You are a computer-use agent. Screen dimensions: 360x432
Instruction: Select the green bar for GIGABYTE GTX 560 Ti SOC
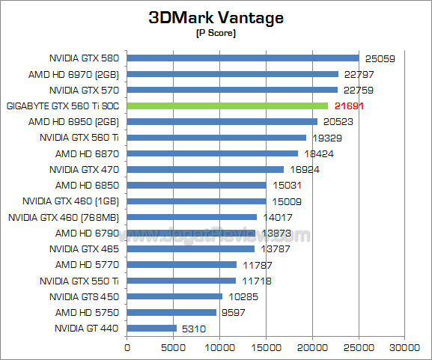(227, 106)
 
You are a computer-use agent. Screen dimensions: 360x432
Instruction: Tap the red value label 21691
(349, 106)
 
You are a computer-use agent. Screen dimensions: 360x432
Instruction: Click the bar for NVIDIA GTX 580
(243, 58)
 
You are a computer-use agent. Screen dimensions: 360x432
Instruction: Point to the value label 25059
(380, 58)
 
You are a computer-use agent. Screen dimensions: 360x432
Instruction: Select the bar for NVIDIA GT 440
(151, 328)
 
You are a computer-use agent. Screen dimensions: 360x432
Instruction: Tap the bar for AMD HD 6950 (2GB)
(222, 121)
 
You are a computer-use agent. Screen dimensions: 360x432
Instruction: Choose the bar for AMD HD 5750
(171, 312)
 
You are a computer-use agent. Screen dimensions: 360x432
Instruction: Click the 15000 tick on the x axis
(266, 347)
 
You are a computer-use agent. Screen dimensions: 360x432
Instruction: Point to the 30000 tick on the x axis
(405, 347)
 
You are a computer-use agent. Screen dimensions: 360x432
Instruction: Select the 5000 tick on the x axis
(173, 347)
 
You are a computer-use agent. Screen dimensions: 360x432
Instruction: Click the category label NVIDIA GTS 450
(85, 296)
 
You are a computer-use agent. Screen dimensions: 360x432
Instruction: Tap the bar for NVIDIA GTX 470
(205, 169)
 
